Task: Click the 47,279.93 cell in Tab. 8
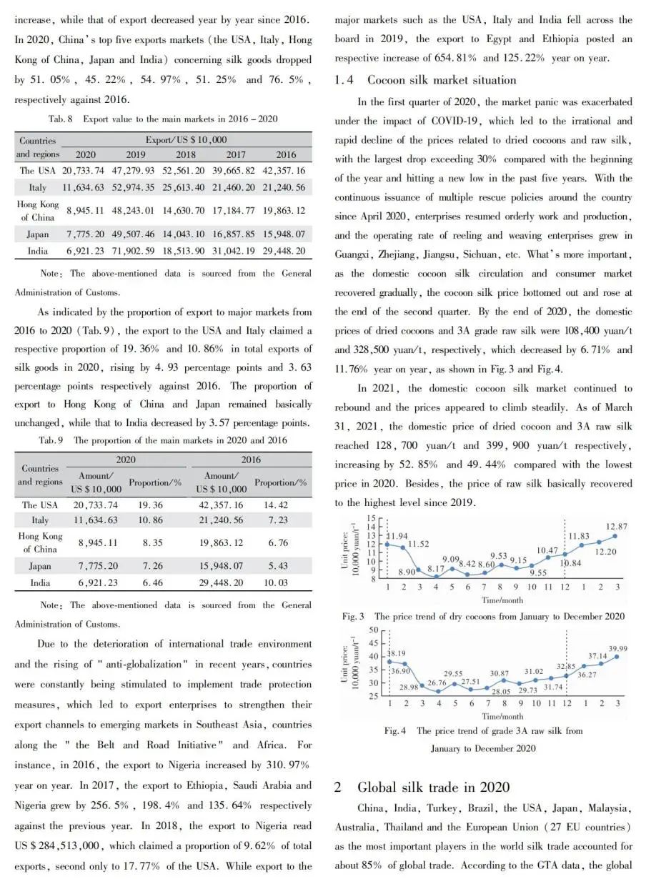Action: coord(136,171)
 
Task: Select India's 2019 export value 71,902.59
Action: coord(136,251)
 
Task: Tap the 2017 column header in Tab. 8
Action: coord(236,154)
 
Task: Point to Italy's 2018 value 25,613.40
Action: coord(186,187)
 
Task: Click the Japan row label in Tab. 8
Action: coord(39,234)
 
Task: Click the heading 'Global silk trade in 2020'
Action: coord(433,788)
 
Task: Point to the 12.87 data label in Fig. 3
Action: coord(617,526)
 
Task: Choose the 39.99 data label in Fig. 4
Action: coord(618,647)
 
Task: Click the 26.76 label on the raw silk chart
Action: coord(437,682)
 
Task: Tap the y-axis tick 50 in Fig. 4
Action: coord(374,630)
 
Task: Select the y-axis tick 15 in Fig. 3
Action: coord(369,518)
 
